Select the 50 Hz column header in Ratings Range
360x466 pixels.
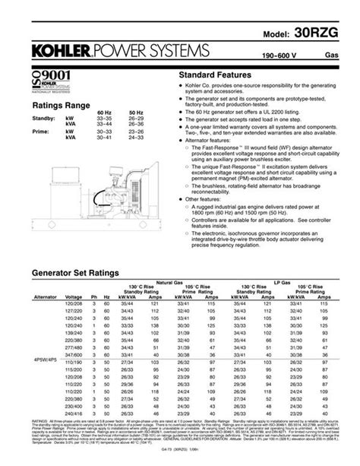139,113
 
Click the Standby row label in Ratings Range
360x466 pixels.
42,119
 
